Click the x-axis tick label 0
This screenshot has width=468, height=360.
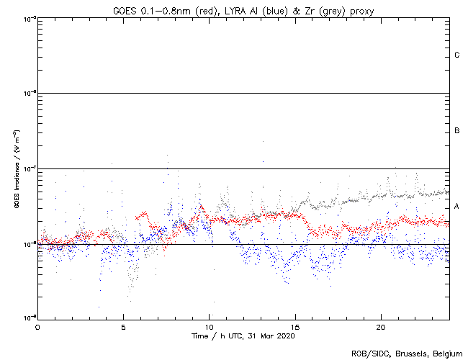tap(37, 326)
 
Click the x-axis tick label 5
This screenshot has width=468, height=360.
tap(123, 326)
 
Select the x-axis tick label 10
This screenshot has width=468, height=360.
tap(210, 326)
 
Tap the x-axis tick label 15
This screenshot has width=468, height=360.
tap(295, 326)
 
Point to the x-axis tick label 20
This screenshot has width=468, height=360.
tap(381, 326)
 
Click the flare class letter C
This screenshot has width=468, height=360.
tap(457, 55)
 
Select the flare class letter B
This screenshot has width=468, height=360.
tap(457, 131)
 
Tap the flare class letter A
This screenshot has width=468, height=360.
tap(457, 207)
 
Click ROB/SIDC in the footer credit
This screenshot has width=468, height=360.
tap(368, 353)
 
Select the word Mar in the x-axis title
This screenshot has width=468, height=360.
tap(264, 336)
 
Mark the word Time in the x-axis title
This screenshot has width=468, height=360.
tap(199, 336)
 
